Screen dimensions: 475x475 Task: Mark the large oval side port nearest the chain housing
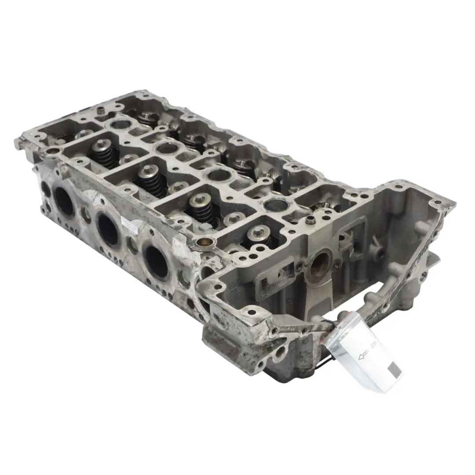pyautogui.click(x=157, y=262)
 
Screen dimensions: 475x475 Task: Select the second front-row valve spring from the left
pyautogui.click(x=152, y=179)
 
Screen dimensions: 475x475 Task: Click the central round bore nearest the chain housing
pyautogui.click(x=276, y=204)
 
